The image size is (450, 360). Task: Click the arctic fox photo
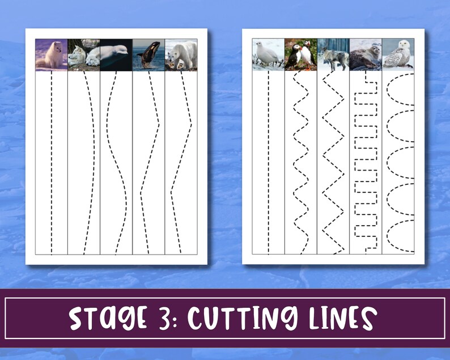tap(52, 55)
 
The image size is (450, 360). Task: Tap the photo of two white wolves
tap(84, 55)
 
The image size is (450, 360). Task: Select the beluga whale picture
tap(116, 55)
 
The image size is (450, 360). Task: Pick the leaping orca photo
tap(148, 55)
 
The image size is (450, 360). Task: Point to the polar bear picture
tap(181, 55)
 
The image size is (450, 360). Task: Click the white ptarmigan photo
tap(268, 55)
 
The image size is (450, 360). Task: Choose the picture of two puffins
tap(300, 55)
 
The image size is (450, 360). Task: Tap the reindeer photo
tap(333, 55)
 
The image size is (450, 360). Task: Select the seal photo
tap(366, 55)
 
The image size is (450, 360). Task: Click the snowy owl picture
tap(398, 55)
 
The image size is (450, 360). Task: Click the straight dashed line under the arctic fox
tap(52, 164)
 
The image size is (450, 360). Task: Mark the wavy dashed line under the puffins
tap(300, 164)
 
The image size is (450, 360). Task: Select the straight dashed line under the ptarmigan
tap(268, 164)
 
